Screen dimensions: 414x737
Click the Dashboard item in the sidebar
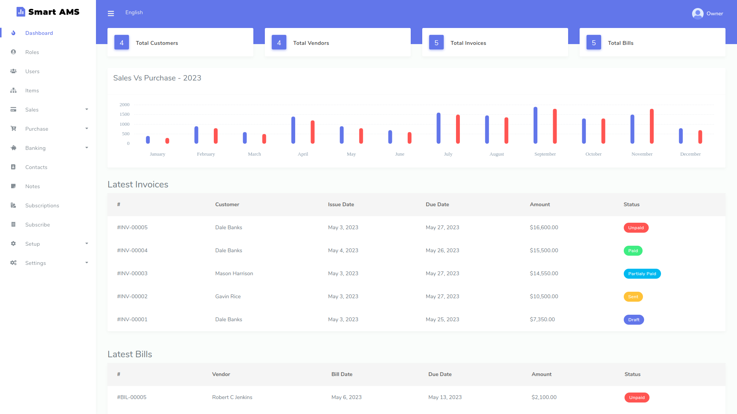point(39,33)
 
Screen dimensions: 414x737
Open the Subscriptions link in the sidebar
point(42,205)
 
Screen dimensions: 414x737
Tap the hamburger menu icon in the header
point(111,13)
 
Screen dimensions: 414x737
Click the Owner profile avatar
point(697,13)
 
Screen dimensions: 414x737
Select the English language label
point(134,12)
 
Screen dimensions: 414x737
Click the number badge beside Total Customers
point(122,43)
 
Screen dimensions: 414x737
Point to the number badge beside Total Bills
point(593,43)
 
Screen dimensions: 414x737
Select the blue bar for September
point(535,125)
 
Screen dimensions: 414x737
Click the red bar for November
point(652,126)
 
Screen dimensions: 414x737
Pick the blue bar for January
point(148,140)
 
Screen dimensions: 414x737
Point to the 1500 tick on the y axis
point(124,114)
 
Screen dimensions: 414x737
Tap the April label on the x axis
point(303,154)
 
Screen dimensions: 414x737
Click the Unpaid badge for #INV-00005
point(636,228)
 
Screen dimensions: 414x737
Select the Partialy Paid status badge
point(642,274)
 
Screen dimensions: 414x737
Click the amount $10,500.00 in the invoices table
point(544,296)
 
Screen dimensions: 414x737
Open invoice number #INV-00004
point(132,250)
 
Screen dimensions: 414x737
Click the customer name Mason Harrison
point(234,273)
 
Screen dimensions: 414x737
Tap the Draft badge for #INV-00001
point(633,320)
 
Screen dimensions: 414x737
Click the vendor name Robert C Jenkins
point(232,397)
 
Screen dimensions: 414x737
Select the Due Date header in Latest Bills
point(440,374)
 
